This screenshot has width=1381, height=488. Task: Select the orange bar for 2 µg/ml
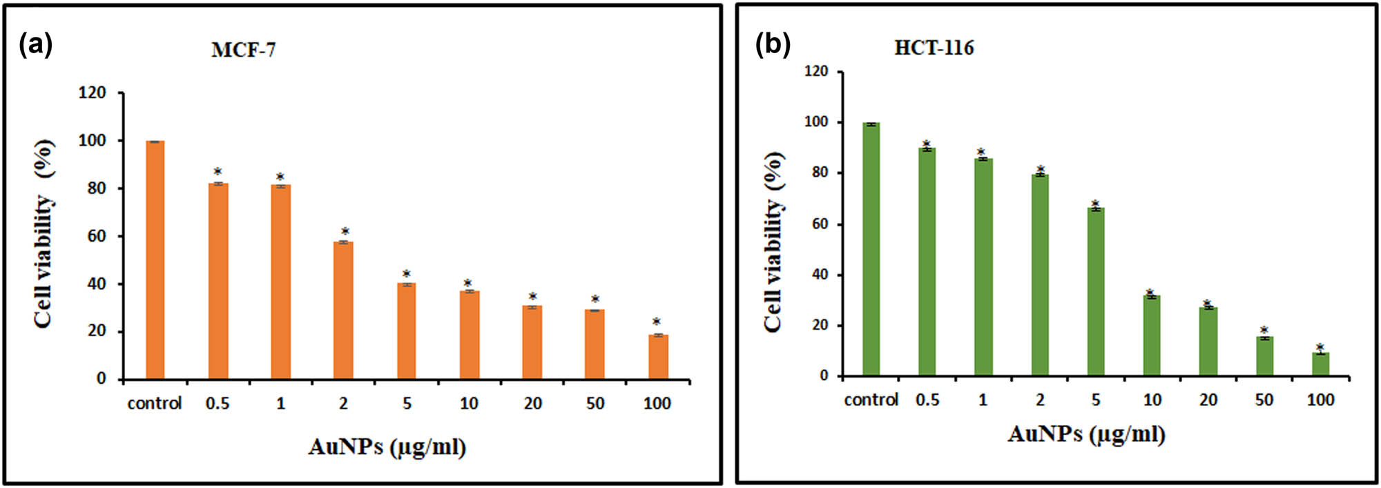coord(343,311)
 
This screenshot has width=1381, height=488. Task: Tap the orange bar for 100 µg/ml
coord(658,357)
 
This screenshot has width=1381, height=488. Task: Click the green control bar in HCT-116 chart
coord(871,249)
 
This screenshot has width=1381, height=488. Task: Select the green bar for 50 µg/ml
coord(1264,357)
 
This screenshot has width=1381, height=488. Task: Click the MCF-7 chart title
coord(243,50)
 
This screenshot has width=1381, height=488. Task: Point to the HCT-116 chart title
coord(934,48)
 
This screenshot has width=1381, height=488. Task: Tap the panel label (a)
coord(36,44)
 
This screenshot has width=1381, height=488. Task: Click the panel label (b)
coord(773,44)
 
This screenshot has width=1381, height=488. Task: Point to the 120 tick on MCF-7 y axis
coord(92,92)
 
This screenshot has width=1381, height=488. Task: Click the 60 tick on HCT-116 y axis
coord(820,224)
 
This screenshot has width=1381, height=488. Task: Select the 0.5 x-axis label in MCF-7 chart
coord(218,404)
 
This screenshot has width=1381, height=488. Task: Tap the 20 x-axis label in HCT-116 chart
coord(1208,400)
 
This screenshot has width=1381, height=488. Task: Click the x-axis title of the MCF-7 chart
coord(387,447)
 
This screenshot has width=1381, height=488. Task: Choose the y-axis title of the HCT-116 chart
coord(774,242)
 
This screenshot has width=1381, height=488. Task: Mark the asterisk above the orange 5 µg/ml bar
coord(407,274)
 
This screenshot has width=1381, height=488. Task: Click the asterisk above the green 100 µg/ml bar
coord(1320,347)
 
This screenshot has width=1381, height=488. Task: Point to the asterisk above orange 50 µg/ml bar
coord(595,300)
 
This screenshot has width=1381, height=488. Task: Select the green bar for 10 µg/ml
coord(1152,336)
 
